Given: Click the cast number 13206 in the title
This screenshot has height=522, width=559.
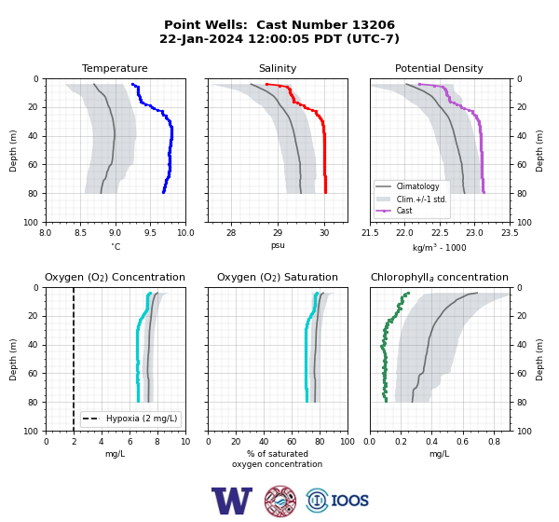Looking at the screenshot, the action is (x=374, y=25).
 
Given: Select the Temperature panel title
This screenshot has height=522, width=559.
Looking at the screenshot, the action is (x=115, y=68).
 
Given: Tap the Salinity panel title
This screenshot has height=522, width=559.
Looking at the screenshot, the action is (x=278, y=68).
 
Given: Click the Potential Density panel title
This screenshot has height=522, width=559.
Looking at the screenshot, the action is (x=439, y=68).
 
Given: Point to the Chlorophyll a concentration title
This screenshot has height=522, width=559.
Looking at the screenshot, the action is (x=439, y=277).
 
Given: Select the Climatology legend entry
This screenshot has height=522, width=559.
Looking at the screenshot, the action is (x=407, y=186).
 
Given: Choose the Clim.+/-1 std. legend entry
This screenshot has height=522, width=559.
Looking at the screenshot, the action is (x=411, y=199).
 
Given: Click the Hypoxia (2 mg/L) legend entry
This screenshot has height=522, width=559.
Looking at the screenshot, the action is (x=130, y=419).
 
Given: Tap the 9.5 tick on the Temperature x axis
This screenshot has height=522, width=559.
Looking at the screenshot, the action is (x=150, y=233).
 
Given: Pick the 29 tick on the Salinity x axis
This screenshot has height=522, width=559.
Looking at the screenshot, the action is (x=278, y=233).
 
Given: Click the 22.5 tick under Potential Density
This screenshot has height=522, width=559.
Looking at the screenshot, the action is (x=440, y=233).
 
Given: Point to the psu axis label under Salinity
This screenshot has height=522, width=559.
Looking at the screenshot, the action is (x=278, y=245).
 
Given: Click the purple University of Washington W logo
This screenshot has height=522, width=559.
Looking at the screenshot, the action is (x=232, y=501).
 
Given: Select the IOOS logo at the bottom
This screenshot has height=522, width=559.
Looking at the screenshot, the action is (x=337, y=501).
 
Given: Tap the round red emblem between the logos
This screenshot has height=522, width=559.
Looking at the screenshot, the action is (x=280, y=501).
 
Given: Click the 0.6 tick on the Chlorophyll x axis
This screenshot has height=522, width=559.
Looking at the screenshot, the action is (x=463, y=442).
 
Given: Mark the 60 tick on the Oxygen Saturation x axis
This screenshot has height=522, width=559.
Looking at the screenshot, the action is (x=292, y=442).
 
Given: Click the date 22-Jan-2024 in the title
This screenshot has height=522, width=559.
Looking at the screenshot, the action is (x=201, y=38).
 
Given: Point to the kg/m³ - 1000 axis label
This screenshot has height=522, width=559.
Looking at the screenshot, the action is (x=439, y=247).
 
